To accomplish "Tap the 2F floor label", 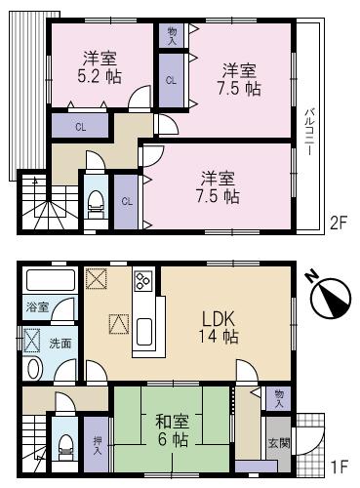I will [x=339, y=223].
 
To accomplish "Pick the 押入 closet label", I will [x=97, y=445].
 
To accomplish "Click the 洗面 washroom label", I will [x=60, y=343].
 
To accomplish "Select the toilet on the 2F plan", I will [x=97, y=204].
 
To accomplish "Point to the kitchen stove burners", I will [x=141, y=281].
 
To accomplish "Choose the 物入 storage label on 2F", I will [x=173, y=35].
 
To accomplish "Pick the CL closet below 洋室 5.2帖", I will [x=80, y=126].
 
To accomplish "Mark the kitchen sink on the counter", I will [x=143, y=330].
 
